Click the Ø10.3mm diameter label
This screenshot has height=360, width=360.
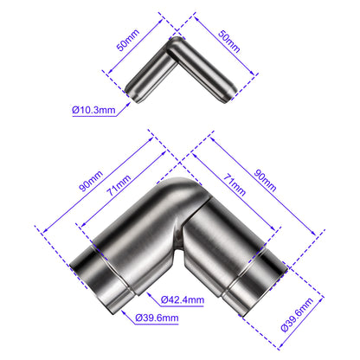pos(93,110)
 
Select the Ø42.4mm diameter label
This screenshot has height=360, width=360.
pos(183,299)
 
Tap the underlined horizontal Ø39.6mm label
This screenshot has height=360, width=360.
pos(157,318)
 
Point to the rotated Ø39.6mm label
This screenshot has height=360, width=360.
pos(297,315)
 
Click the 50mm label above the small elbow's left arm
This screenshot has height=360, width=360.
pos(128,40)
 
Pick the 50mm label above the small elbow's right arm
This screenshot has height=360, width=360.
pos(229,42)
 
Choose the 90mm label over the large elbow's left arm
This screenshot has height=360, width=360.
pos(91,181)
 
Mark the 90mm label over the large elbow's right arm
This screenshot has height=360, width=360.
pos(265,181)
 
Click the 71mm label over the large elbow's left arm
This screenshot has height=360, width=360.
pos(119,185)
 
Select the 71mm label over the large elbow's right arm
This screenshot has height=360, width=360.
pos(235,185)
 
